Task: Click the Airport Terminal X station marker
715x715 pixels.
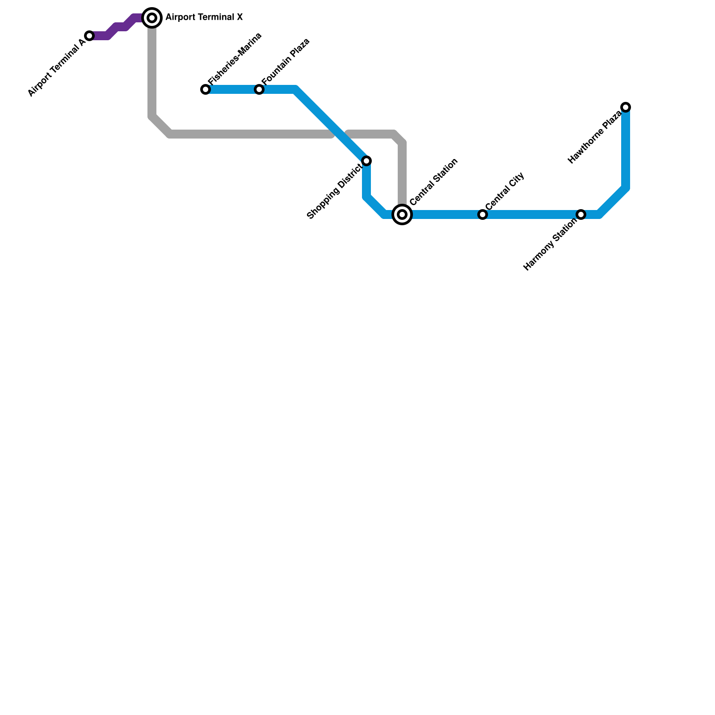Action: (152, 18)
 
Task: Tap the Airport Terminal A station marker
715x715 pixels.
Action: (89, 36)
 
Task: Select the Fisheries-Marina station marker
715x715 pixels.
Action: (206, 89)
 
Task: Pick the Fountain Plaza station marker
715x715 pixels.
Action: (259, 89)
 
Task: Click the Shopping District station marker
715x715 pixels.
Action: (366, 161)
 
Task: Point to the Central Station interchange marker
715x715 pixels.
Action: (402, 214)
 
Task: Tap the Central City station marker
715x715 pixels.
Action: (483, 214)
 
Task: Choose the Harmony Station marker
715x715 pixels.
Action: (581, 214)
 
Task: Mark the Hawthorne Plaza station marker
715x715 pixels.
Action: (626, 107)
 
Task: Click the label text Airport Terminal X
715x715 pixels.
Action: (204, 17)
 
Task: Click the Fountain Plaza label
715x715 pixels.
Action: (286, 62)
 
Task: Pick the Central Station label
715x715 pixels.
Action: (433, 182)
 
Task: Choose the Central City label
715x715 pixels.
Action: (505, 191)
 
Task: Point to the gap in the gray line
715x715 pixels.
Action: (340, 134)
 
